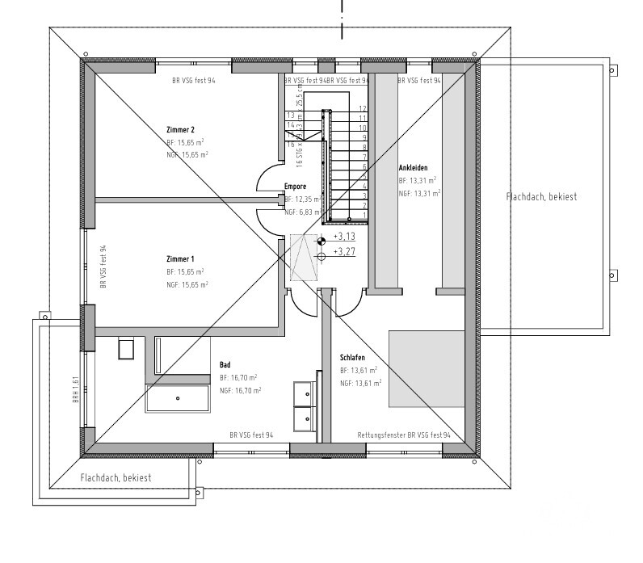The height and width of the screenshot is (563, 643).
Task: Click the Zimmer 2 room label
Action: [180, 129]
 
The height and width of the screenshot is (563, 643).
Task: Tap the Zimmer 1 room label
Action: [180, 258]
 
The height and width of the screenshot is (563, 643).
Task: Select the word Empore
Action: [295, 186]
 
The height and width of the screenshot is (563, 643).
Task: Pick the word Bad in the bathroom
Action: [225, 364]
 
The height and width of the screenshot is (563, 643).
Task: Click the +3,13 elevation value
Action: [344, 237]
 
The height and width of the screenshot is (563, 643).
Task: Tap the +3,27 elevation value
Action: [344, 253]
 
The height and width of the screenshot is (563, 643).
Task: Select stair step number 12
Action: [364, 108]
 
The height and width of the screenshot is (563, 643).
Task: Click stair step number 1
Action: [365, 215]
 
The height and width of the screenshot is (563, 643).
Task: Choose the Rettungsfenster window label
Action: [403, 435]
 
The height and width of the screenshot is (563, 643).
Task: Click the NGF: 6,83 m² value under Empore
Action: [303, 212]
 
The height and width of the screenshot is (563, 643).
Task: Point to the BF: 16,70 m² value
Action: [238, 377]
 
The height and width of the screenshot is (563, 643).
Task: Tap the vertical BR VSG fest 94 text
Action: [103, 267]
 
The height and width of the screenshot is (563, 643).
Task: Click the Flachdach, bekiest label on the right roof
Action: [542, 196]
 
